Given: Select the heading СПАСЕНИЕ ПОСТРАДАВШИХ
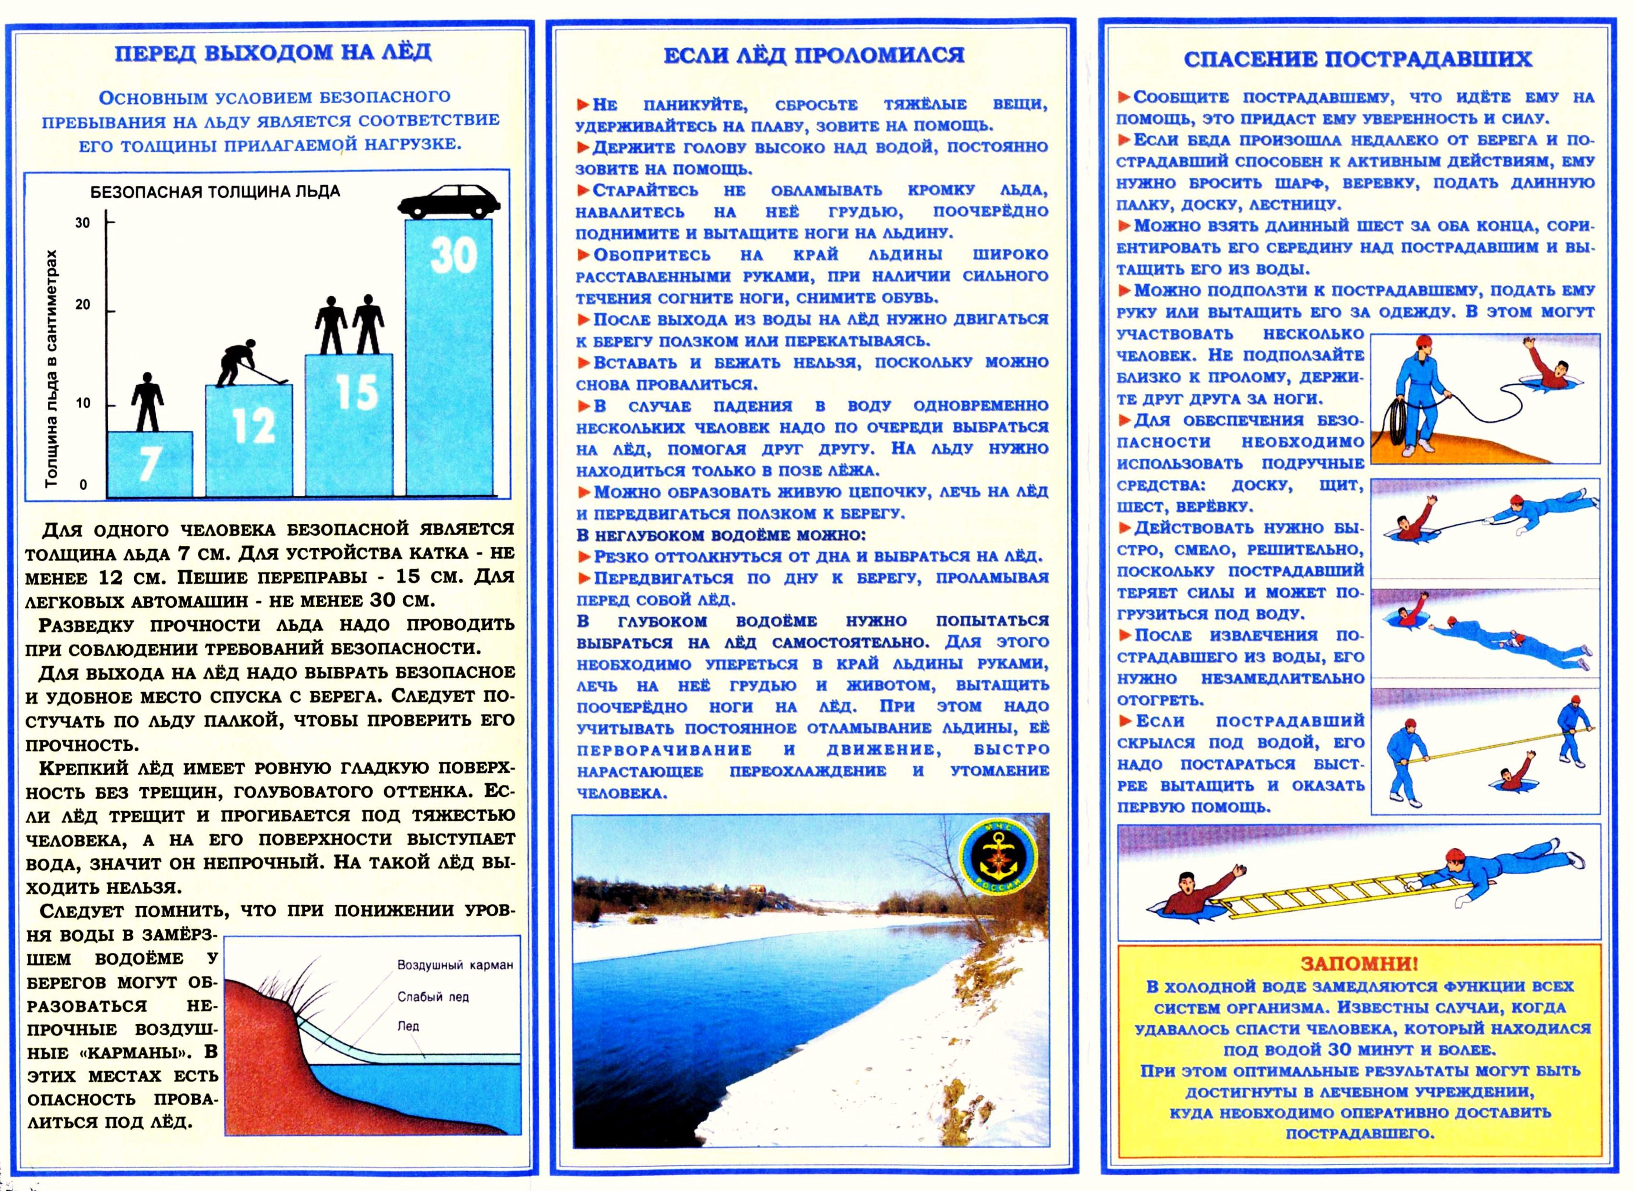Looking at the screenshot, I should click(1357, 59).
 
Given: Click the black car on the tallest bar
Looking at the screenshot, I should click(448, 201).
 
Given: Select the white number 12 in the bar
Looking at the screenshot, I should click(254, 425).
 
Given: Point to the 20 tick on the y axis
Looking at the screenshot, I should click(84, 305).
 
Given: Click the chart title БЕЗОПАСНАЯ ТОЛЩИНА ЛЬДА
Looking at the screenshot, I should click(215, 192).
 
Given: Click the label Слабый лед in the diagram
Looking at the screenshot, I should click(432, 997).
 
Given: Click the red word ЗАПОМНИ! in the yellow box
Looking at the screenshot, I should click(1359, 964).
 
